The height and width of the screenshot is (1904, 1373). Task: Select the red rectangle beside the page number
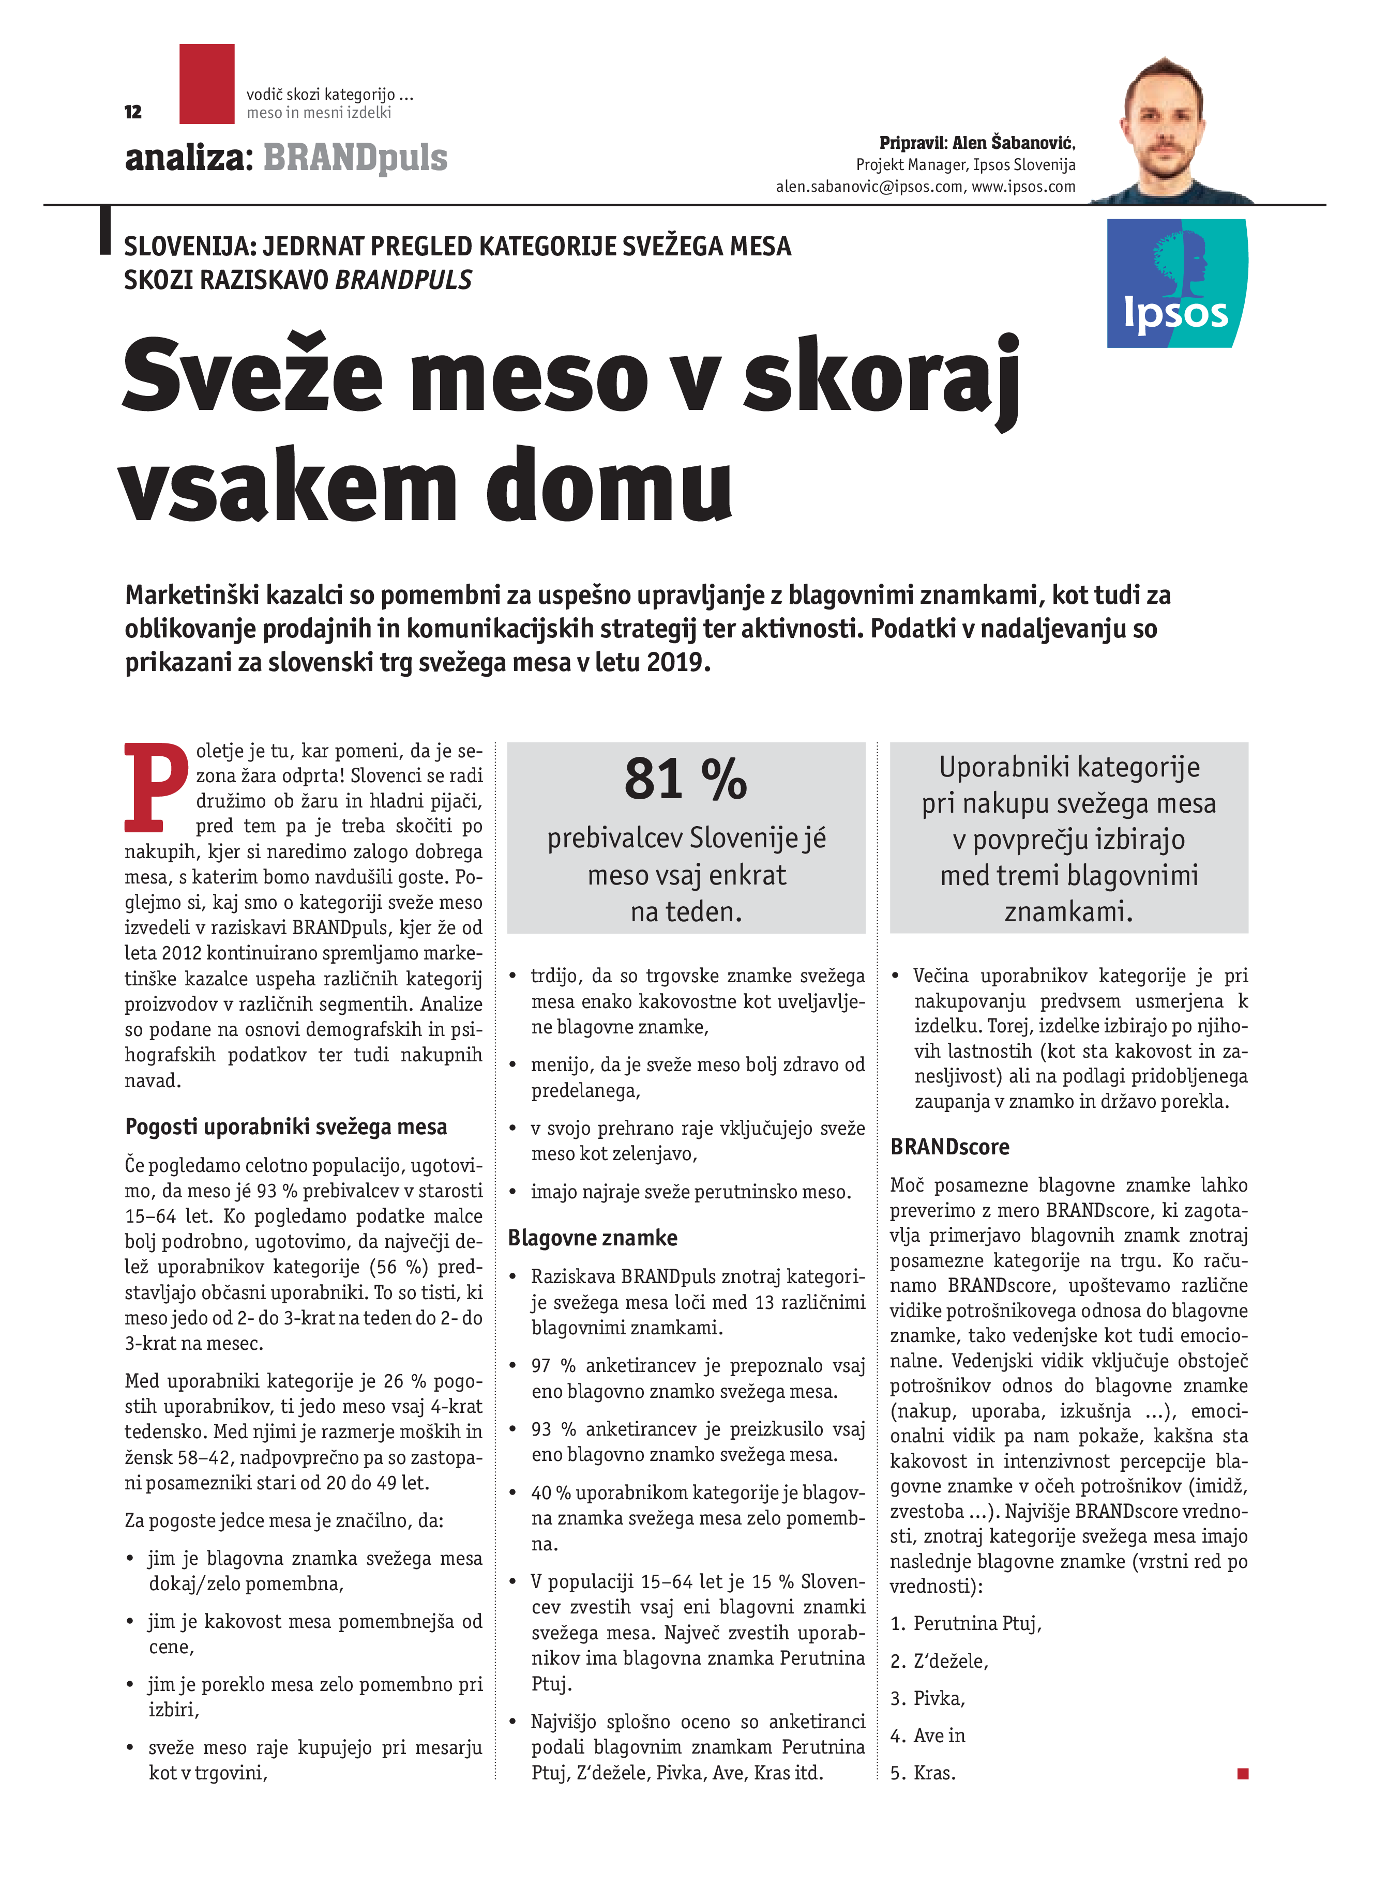click(206, 84)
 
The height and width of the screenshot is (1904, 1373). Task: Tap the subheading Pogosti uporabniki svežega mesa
click(285, 1126)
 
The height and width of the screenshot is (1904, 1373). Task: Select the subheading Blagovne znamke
click(592, 1238)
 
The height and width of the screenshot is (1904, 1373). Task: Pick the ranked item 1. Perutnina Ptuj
click(965, 1624)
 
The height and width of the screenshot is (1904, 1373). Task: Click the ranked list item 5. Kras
click(923, 1773)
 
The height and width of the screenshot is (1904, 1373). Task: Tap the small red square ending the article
click(1243, 1773)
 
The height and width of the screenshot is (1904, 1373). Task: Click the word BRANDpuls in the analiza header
click(355, 158)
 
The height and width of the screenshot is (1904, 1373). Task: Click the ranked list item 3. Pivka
click(928, 1698)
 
